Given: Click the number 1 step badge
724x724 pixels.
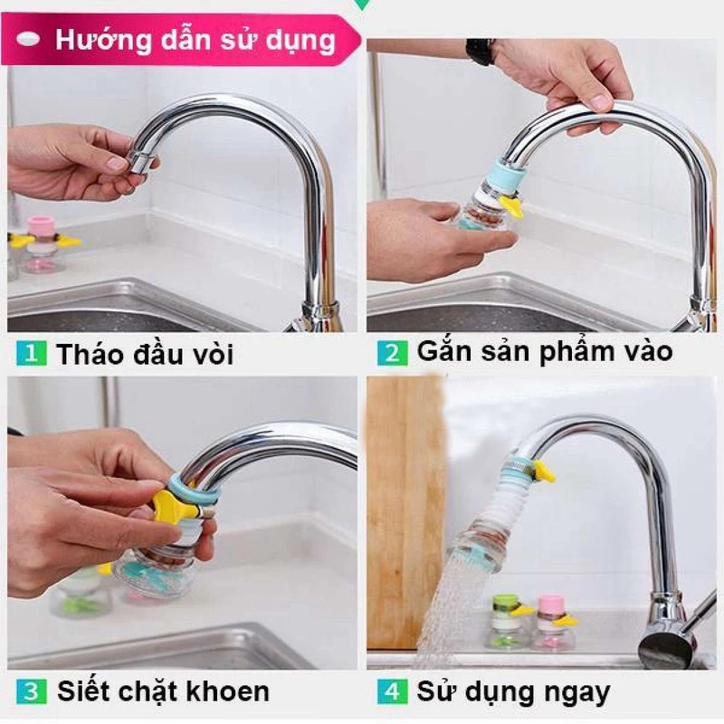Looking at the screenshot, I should coord(31,353).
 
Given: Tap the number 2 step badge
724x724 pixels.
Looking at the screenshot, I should coord(393,353).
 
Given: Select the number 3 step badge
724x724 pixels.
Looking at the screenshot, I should coord(31,692).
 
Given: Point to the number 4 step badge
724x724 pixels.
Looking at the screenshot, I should coord(393,692).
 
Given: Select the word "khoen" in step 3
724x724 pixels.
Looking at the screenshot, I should coord(230,692).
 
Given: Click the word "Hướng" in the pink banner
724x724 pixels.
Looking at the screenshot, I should coord(99,40).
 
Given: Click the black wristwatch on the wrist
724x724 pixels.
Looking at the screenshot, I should coord(480,51).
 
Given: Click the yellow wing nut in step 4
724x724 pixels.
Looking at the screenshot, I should coord(544,471).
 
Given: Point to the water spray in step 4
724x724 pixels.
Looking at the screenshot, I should coord(443,606).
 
